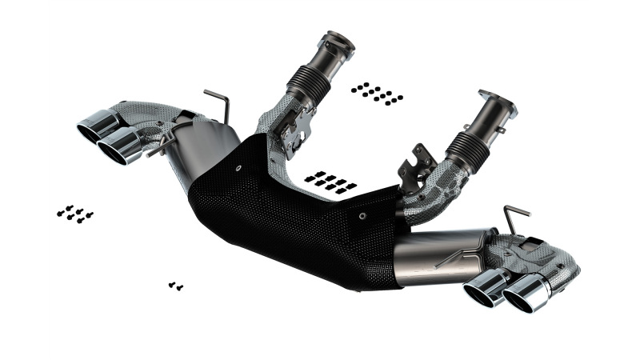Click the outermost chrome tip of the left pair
94,128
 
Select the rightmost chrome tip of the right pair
524,294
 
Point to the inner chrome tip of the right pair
484,287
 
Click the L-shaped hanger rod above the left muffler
218,103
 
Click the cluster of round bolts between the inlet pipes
377,92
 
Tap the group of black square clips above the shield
330,182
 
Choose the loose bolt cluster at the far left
75,213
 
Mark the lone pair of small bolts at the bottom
176,285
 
